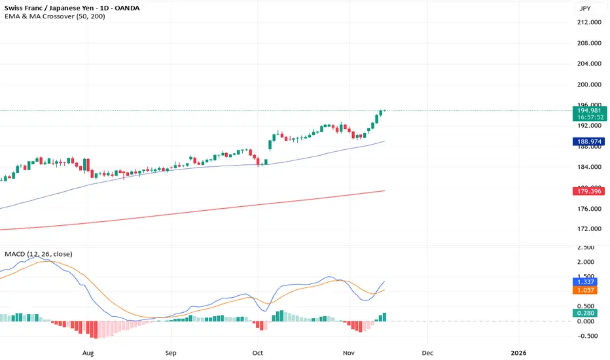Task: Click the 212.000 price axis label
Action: [586, 22]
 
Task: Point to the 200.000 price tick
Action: [586, 84]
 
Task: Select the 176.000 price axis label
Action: [586, 209]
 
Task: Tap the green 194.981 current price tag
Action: [586, 111]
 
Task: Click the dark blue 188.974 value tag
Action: [586, 141]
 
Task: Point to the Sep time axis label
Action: [171, 351]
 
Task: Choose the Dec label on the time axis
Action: [427, 351]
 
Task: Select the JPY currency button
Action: [586, 9]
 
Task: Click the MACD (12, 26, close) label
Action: [39, 254]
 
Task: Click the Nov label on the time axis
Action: [348, 351]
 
